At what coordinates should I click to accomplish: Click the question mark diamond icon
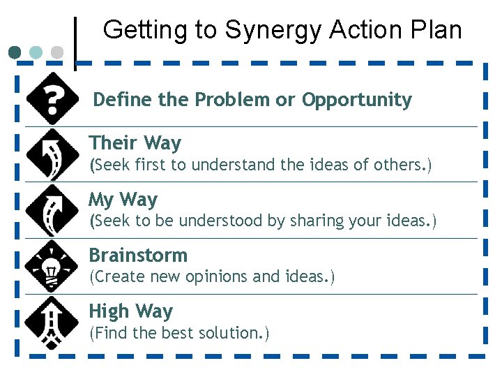point(52,98)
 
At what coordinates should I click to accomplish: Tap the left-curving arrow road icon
point(52,154)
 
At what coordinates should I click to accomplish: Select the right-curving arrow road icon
point(52,210)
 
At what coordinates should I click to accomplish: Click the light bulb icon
point(52,266)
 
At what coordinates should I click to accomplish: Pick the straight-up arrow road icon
point(52,322)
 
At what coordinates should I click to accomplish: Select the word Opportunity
point(356,100)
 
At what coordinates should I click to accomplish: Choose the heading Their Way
point(135,143)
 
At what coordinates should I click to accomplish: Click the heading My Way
point(123,200)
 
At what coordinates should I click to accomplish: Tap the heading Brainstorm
point(138,255)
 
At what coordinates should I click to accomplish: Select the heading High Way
point(130,311)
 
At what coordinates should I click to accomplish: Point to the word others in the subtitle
point(404,165)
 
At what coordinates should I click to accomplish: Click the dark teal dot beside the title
point(15,52)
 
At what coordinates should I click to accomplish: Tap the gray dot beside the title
point(58,52)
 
